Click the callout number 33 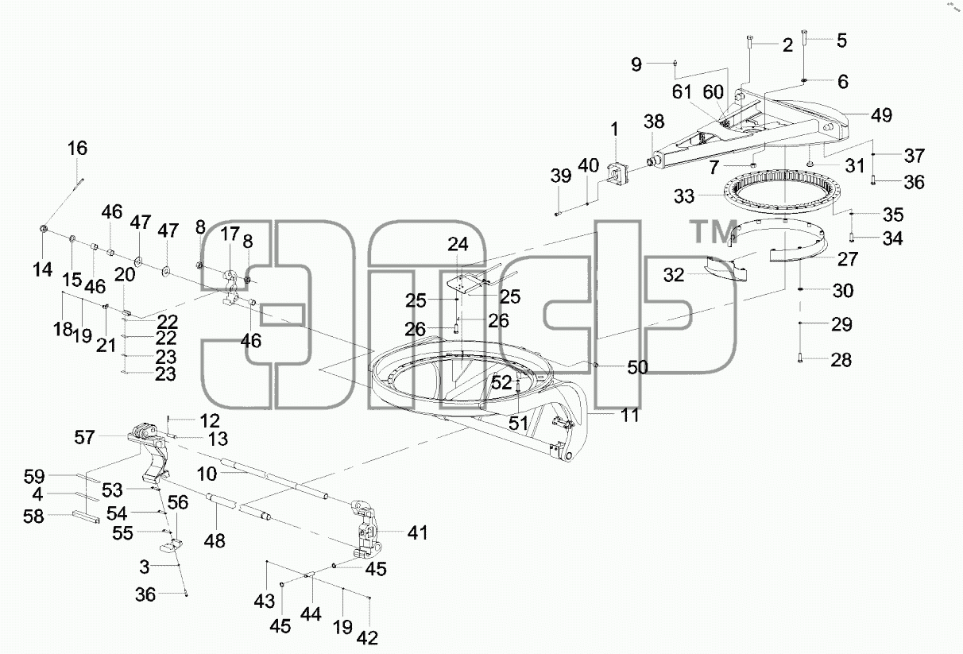coord(684,196)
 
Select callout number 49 coord(882,115)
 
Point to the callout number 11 coord(630,416)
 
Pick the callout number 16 coord(77,149)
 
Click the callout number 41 coord(417,532)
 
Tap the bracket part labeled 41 coord(366,530)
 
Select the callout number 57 coord(84,438)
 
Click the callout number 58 coord(33,517)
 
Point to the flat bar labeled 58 coord(87,517)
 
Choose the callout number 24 coord(458,244)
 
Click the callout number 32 coord(674,275)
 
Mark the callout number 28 coord(841,360)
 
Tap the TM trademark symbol coord(714,232)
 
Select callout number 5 coord(841,41)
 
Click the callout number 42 coord(367,639)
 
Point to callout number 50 coord(637,368)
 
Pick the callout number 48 coord(215,541)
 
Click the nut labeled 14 coord(43,228)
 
